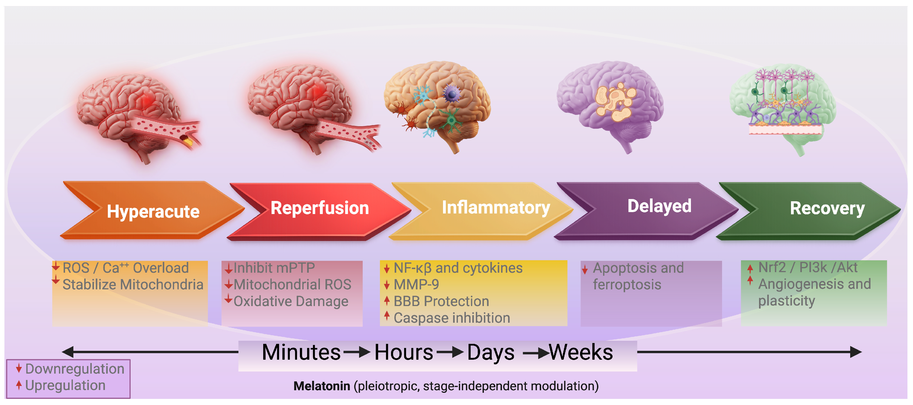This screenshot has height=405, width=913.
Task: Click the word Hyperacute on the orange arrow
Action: pyautogui.click(x=153, y=212)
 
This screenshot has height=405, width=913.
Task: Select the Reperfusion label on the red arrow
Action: pyautogui.click(x=320, y=208)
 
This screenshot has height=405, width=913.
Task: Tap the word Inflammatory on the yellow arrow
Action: pyautogui.click(x=496, y=208)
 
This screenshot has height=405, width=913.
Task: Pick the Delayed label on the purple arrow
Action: pyautogui.click(x=659, y=206)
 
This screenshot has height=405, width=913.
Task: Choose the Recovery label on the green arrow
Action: pyautogui.click(x=827, y=209)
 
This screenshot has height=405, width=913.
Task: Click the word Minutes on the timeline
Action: pyautogui.click(x=301, y=352)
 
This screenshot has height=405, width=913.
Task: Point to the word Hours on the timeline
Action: pyautogui.click(x=404, y=352)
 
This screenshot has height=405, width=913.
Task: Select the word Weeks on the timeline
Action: pyautogui.click(x=581, y=352)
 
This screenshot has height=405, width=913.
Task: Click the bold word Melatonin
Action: pyautogui.click(x=322, y=386)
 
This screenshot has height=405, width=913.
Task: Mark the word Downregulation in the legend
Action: pyautogui.click(x=75, y=369)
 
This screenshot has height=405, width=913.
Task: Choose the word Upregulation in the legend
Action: pyautogui.click(x=66, y=386)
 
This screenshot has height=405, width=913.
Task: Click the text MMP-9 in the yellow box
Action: pyautogui.click(x=416, y=285)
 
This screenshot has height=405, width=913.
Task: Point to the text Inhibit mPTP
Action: pyautogui.click(x=274, y=268)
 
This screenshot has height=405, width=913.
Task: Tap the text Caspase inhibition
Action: pyautogui.click(x=452, y=318)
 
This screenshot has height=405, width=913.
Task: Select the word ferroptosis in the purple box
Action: pyautogui.click(x=627, y=285)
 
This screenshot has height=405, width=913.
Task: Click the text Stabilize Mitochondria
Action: pyautogui.click(x=133, y=285)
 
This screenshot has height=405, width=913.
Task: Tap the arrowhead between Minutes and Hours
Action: pyautogui.click(x=364, y=352)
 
